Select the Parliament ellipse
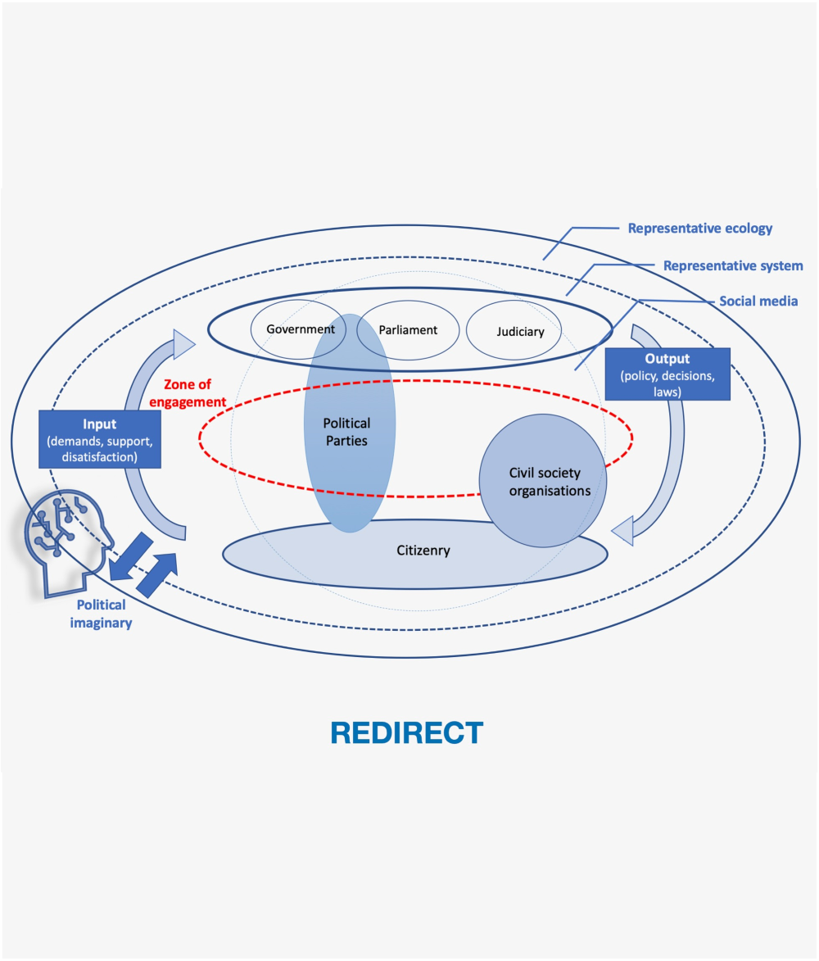(x=408, y=330)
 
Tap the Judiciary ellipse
(x=519, y=332)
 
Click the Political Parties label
(x=346, y=432)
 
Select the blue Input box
(x=100, y=439)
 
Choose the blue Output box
(x=667, y=374)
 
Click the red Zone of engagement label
(x=193, y=392)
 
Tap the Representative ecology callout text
(x=699, y=229)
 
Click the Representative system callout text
(x=732, y=265)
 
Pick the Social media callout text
(x=758, y=301)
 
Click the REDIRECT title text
(x=407, y=732)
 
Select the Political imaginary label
(x=101, y=614)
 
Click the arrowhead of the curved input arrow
(x=184, y=343)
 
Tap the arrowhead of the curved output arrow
(x=623, y=530)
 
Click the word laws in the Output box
(x=667, y=392)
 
